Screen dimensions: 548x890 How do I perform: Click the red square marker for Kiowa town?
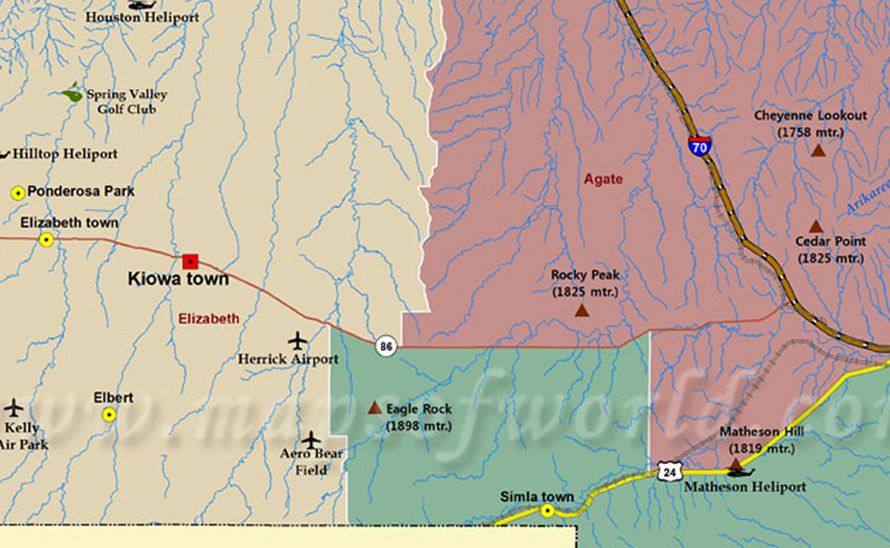(190, 261)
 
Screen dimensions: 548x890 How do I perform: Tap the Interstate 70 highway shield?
(699, 145)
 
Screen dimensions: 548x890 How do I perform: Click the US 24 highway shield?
(668, 472)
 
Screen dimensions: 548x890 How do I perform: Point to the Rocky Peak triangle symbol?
(582, 310)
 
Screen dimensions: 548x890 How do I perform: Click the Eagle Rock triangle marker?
(374, 408)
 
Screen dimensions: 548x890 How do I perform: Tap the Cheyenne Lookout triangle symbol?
(818, 149)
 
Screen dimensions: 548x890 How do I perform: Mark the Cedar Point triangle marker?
(816, 226)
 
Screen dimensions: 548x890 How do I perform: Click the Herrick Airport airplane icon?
(298, 340)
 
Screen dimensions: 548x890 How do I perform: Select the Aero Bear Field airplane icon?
(311, 440)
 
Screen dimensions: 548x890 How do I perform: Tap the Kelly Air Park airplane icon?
(13, 408)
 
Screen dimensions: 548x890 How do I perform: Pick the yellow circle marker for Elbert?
(110, 414)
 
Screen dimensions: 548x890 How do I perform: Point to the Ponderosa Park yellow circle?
(17, 192)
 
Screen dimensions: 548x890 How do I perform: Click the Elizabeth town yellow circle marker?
(46, 239)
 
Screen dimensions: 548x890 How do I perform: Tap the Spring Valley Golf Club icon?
(72, 93)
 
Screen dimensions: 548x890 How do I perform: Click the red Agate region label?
(603, 179)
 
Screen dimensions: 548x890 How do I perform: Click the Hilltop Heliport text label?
(65, 154)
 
